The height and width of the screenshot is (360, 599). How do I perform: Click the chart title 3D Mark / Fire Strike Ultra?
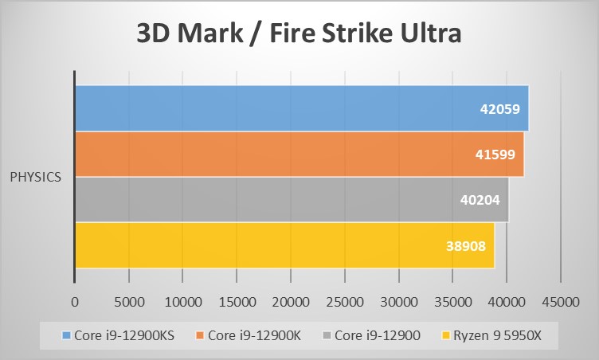click(x=299, y=35)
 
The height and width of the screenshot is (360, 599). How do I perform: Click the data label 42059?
click(x=503, y=109)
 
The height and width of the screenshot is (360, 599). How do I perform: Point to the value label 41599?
click(x=499, y=155)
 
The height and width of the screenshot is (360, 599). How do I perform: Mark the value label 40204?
click(x=480, y=200)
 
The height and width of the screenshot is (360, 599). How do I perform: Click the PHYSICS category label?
click(x=36, y=177)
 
